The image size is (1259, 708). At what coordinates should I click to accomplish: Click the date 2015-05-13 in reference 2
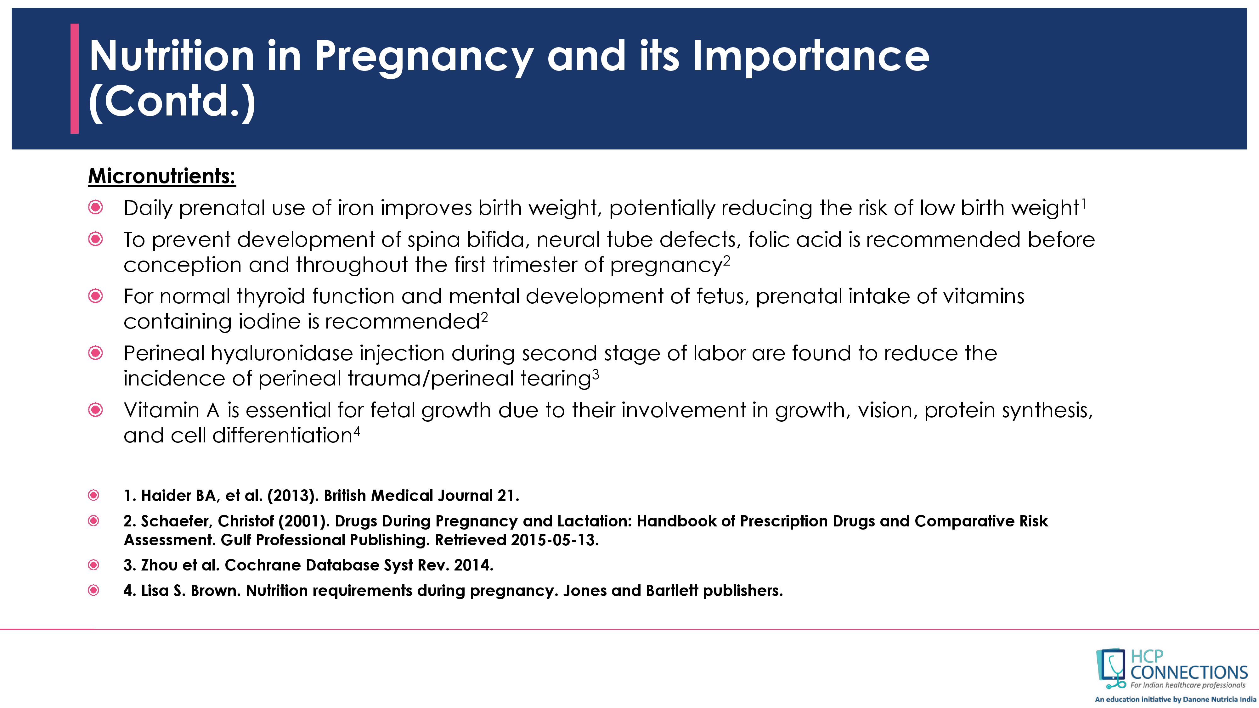click(x=554, y=540)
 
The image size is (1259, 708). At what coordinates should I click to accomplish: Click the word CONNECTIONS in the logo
click(x=1188, y=673)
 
